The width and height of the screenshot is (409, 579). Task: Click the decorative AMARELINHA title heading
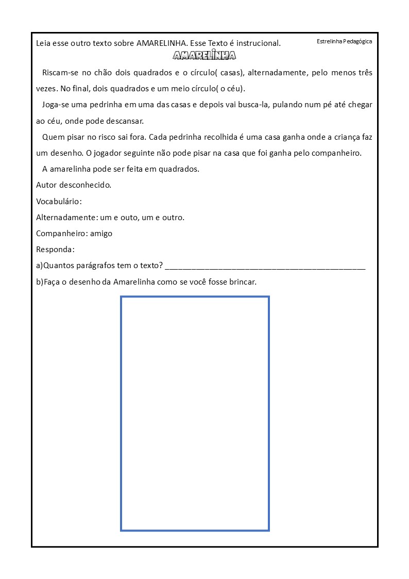(x=204, y=56)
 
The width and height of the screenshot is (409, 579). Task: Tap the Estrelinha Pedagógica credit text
(x=344, y=41)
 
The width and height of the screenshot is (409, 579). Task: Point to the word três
(x=363, y=73)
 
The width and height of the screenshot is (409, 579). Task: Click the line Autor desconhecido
(x=74, y=185)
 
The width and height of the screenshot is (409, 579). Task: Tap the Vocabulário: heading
(x=59, y=201)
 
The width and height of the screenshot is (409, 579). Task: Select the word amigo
(x=101, y=233)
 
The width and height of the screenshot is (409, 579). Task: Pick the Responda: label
(x=55, y=250)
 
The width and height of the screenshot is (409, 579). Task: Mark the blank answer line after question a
(x=265, y=267)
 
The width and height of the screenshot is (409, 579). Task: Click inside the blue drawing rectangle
(x=195, y=413)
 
